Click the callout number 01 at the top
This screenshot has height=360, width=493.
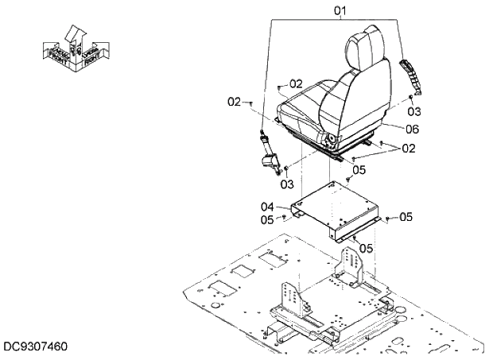[340, 10]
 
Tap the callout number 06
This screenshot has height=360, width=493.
[412, 129]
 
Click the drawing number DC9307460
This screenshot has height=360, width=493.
[35, 346]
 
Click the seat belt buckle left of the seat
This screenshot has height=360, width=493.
[270, 155]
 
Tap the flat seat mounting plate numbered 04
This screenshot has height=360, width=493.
[334, 208]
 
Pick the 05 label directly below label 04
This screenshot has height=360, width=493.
[268, 219]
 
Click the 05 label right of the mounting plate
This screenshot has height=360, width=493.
[406, 216]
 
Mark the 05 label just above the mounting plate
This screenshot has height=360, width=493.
[359, 169]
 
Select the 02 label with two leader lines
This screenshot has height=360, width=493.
[408, 148]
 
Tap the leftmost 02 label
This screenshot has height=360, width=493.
[234, 101]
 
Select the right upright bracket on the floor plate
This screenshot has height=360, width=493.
[350, 265]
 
